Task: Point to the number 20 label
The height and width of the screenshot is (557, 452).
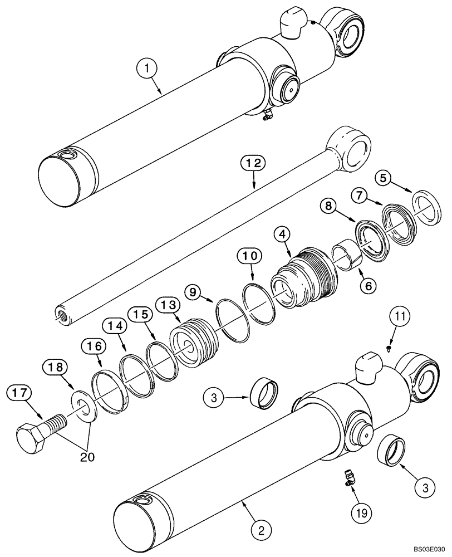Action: [x=87, y=457]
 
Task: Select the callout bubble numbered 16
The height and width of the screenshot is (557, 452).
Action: [x=95, y=346]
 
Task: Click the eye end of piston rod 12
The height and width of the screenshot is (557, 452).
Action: [x=349, y=151]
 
